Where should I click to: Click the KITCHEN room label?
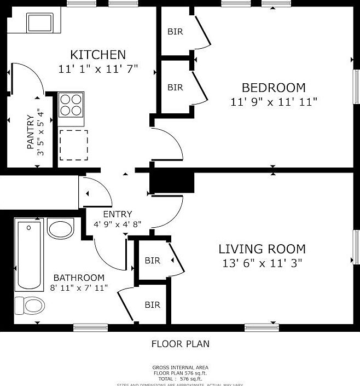click(x=98, y=55)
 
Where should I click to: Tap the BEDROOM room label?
click(x=274, y=88)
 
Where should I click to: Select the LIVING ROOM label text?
click(x=262, y=249)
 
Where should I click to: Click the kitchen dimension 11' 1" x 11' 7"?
click(x=98, y=69)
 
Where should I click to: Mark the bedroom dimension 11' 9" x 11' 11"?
click(x=274, y=101)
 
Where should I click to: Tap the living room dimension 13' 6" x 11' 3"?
click(x=262, y=263)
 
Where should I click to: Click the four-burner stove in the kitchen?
click(x=71, y=105)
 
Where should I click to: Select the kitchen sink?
click(x=39, y=23)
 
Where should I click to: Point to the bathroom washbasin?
click(x=60, y=228)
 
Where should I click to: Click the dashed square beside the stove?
click(x=73, y=145)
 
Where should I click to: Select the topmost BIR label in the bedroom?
click(x=175, y=32)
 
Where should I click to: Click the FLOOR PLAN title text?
click(x=180, y=344)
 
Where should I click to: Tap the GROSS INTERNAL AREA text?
click(x=180, y=367)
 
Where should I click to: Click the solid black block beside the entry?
click(x=172, y=182)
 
